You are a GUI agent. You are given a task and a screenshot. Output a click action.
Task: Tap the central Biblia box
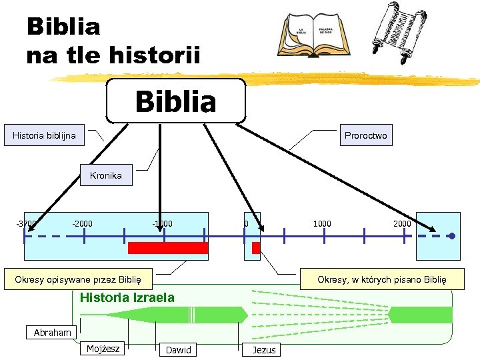pyautogui.click(x=176, y=102)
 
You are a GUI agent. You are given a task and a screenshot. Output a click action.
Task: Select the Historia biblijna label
pyautogui.click(x=44, y=136)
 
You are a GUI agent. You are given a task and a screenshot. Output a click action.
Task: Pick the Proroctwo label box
pyautogui.click(x=365, y=136)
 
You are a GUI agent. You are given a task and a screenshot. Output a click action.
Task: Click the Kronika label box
pyautogui.click(x=106, y=175)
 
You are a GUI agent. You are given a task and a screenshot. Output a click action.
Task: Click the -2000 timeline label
pyautogui.click(x=83, y=223)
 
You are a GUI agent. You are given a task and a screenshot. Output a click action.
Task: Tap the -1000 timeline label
pyautogui.click(x=162, y=223)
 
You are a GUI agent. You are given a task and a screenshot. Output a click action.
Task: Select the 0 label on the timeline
pyautogui.click(x=246, y=223)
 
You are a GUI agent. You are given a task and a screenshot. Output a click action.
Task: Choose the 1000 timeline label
pyautogui.click(x=321, y=223)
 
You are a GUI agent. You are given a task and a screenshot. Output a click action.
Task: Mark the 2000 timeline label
pyautogui.click(x=402, y=223)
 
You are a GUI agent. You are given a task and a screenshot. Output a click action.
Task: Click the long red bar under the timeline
pyautogui.click(x=168, y=248)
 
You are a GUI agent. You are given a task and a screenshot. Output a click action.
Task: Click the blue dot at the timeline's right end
pyautogui.click(x=451, y=236)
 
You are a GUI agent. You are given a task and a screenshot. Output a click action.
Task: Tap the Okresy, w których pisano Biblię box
pyautogui.click(x=381, y=279)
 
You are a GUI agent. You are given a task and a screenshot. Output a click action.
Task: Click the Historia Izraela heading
pyautogui.click(x=127, y=297)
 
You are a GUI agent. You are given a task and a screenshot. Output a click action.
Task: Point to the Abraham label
pyautogui.click(x=53, y=333)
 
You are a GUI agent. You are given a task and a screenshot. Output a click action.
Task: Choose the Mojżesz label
pyautogui.click(x=103, y=348)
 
